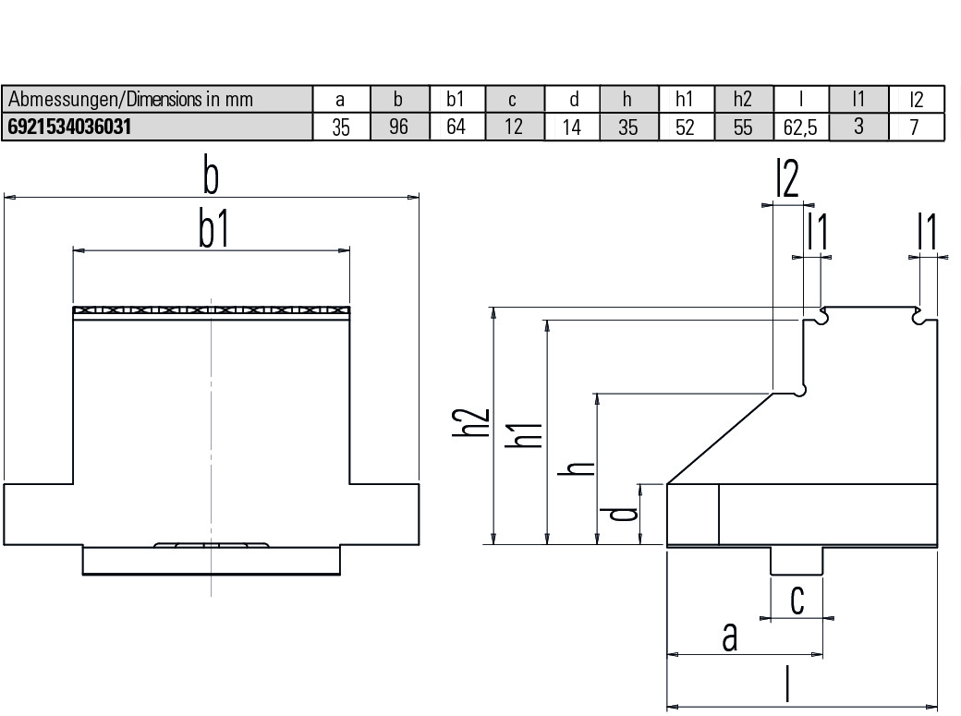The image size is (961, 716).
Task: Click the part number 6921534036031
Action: tap(66, 127)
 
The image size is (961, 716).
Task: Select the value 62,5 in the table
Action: tap(800, 127)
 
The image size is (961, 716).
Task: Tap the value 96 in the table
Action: tap(398, 127)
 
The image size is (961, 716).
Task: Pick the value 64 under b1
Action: tap(456, 127)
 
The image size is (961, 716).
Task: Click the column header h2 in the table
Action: tap(743, 99)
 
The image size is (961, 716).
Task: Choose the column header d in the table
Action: tap(572, 99)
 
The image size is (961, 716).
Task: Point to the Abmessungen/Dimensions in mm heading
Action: tap(130, 99)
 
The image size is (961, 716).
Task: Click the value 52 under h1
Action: tap(685, 127)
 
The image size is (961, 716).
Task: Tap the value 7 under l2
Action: tap(914, 127)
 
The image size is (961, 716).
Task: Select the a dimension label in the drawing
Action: tap(730, 637)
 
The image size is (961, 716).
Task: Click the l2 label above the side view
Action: tap(786, 181)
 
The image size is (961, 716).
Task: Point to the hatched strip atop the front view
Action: tap(212, 311)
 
